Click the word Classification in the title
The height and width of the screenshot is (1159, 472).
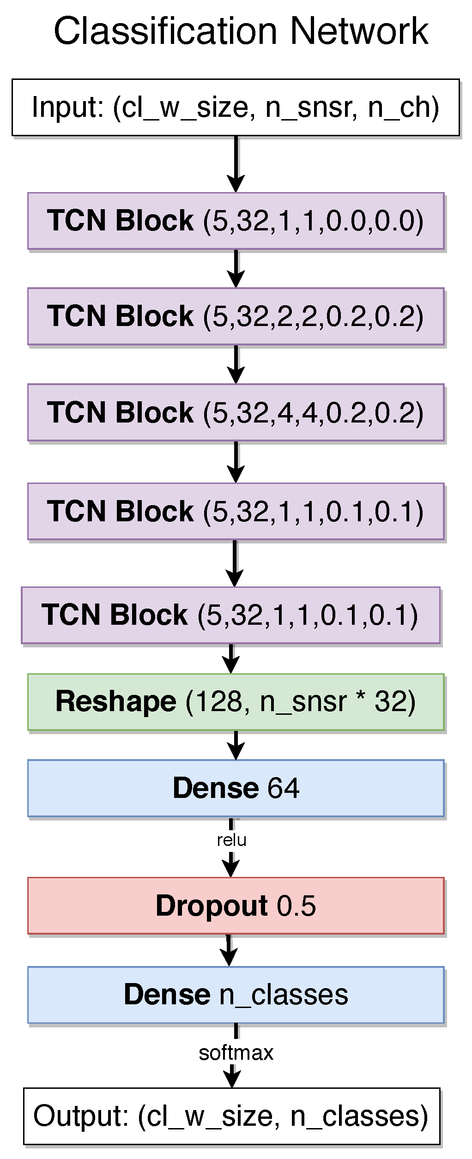pyautogui.click(x=165, y=31)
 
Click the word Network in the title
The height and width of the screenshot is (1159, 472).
pyautogui.click(x=359, y=31)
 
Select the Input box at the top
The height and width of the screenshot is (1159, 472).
pyautogui.click(x=236, y=107)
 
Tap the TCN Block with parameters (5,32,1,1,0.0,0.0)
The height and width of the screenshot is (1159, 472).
pyautogui.click(x=236, y=221)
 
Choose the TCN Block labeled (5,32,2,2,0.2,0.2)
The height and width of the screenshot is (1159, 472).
pyautogui.click(x=236, y=316)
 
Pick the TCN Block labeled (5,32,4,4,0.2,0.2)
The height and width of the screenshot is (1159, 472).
pyautogui.click(x=236, y=412)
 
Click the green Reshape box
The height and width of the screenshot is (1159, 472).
pyautogui.click(x=236, y=702)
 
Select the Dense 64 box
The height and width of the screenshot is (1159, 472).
pyautogui.click(x=236, y=788)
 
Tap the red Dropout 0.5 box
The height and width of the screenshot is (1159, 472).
pyautogui.click(x=236, y=906)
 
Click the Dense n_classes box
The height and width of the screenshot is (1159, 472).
pyautogui.click(x=236, y=995)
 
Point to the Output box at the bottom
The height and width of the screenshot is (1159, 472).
pyautogui.click(x=231, y=1116)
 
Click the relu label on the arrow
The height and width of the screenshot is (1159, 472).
pyautogui.click(x=231, y=840)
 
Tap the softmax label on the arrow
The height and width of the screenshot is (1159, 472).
pyautogui.click(x=236, y=1053)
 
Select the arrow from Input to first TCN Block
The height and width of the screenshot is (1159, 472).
pyautogui.click(x=236, y=164)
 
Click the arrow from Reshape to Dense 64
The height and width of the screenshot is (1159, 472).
pyautogui.click(x=236, y=744)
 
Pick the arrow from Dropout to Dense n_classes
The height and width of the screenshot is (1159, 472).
pyautogui.click(x=229, y=950)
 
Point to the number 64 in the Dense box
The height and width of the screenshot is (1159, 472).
pyautogui.click(x=283, y=788)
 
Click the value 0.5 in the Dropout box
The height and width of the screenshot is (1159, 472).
pyautogui.click(x=296, y=906)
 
